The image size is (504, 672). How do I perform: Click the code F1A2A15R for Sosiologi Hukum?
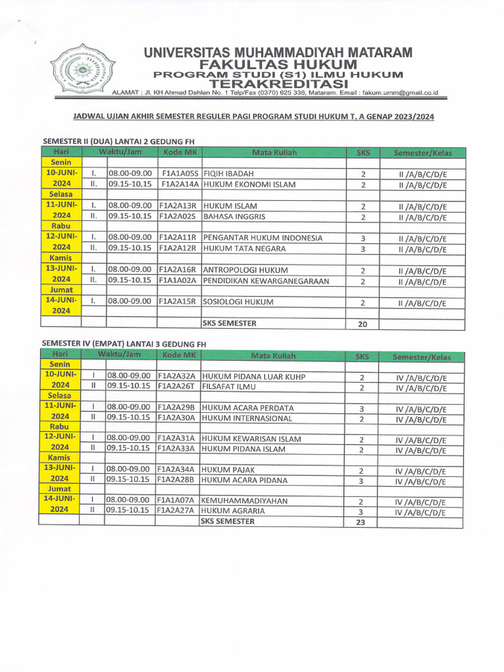[178, 303]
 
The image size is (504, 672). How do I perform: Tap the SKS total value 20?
[362, 324]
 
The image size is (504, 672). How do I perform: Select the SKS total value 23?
[362, 522]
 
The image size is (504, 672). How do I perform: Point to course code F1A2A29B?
[177, 408]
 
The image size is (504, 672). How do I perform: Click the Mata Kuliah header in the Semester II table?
[274, 153]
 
